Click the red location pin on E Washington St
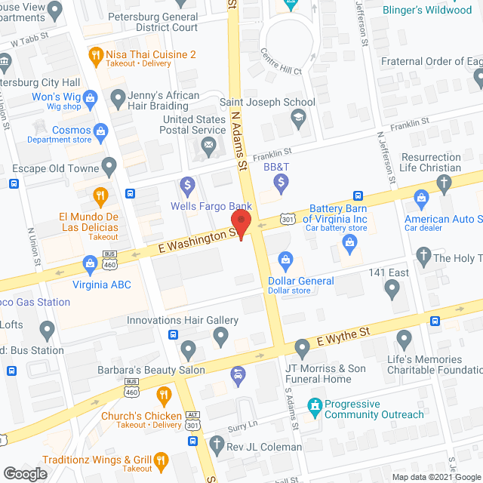pos(241,224)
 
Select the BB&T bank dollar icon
pos(281,182)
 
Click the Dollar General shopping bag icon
pos(286,261)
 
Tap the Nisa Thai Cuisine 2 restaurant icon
pos(96,54)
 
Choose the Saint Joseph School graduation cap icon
pos(298,117)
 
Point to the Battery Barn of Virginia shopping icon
pos(349,241)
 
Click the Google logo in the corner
pos(24,473)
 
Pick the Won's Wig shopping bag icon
pos(90,97)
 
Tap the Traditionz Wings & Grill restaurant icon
pos(160,460)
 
